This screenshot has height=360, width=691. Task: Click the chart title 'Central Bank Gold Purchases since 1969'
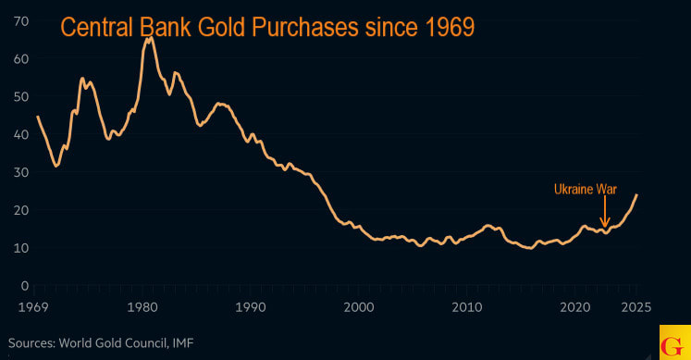coord(267,27)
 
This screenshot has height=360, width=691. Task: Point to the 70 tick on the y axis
coord(20,20)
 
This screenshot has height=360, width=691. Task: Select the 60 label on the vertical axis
coord(20,58)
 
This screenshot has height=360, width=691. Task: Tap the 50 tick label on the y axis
coord(20,96)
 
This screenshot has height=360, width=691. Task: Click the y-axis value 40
coord(20,134)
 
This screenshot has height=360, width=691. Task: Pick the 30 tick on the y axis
coord(20,172)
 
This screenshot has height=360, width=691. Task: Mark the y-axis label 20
coord(20,210)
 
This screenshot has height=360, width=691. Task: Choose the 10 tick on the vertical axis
coord(20,248)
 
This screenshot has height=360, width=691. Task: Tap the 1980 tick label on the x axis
coord(142,307)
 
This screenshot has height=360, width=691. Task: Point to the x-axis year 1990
coord(250,307)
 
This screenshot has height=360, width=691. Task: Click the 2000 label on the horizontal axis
coord(359,307)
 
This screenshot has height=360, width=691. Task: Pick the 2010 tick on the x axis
coord(467,307)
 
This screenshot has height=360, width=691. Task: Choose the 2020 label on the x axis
coord(575,307)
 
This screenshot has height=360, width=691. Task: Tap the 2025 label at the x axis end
coord(635,307)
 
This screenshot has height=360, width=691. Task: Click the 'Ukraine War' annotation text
coord(585,190)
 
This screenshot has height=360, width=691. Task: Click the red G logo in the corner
coord(674,342)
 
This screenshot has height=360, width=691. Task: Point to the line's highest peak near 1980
coord(149,39)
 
